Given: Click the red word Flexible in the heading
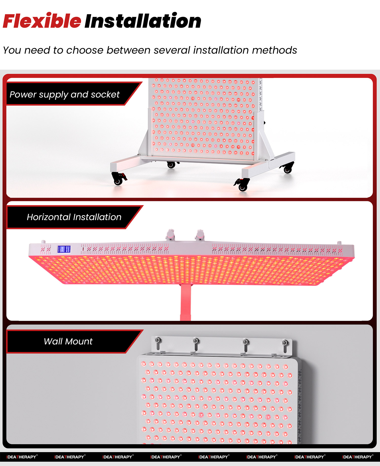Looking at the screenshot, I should (42, 21).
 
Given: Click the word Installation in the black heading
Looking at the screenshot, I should (143, 21).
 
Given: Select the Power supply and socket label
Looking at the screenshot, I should (65, 94).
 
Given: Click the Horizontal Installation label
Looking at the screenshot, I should (74, 217).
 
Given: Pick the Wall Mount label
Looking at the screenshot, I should (68, 341).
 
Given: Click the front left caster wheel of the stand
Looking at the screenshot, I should (118, 181).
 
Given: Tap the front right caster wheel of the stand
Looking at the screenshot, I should (242, 187).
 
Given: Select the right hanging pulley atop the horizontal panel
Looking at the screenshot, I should (200, 234).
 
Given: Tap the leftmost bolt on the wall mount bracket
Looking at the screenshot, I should (158, 340).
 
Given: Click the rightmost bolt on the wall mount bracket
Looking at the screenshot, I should (285, 343).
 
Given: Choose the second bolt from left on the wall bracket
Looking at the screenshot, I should (196, 341).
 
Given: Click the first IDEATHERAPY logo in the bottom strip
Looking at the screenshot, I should (22, 457).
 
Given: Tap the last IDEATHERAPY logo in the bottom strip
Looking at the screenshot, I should (357, 457).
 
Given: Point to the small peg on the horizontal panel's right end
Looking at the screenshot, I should (339, 243).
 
